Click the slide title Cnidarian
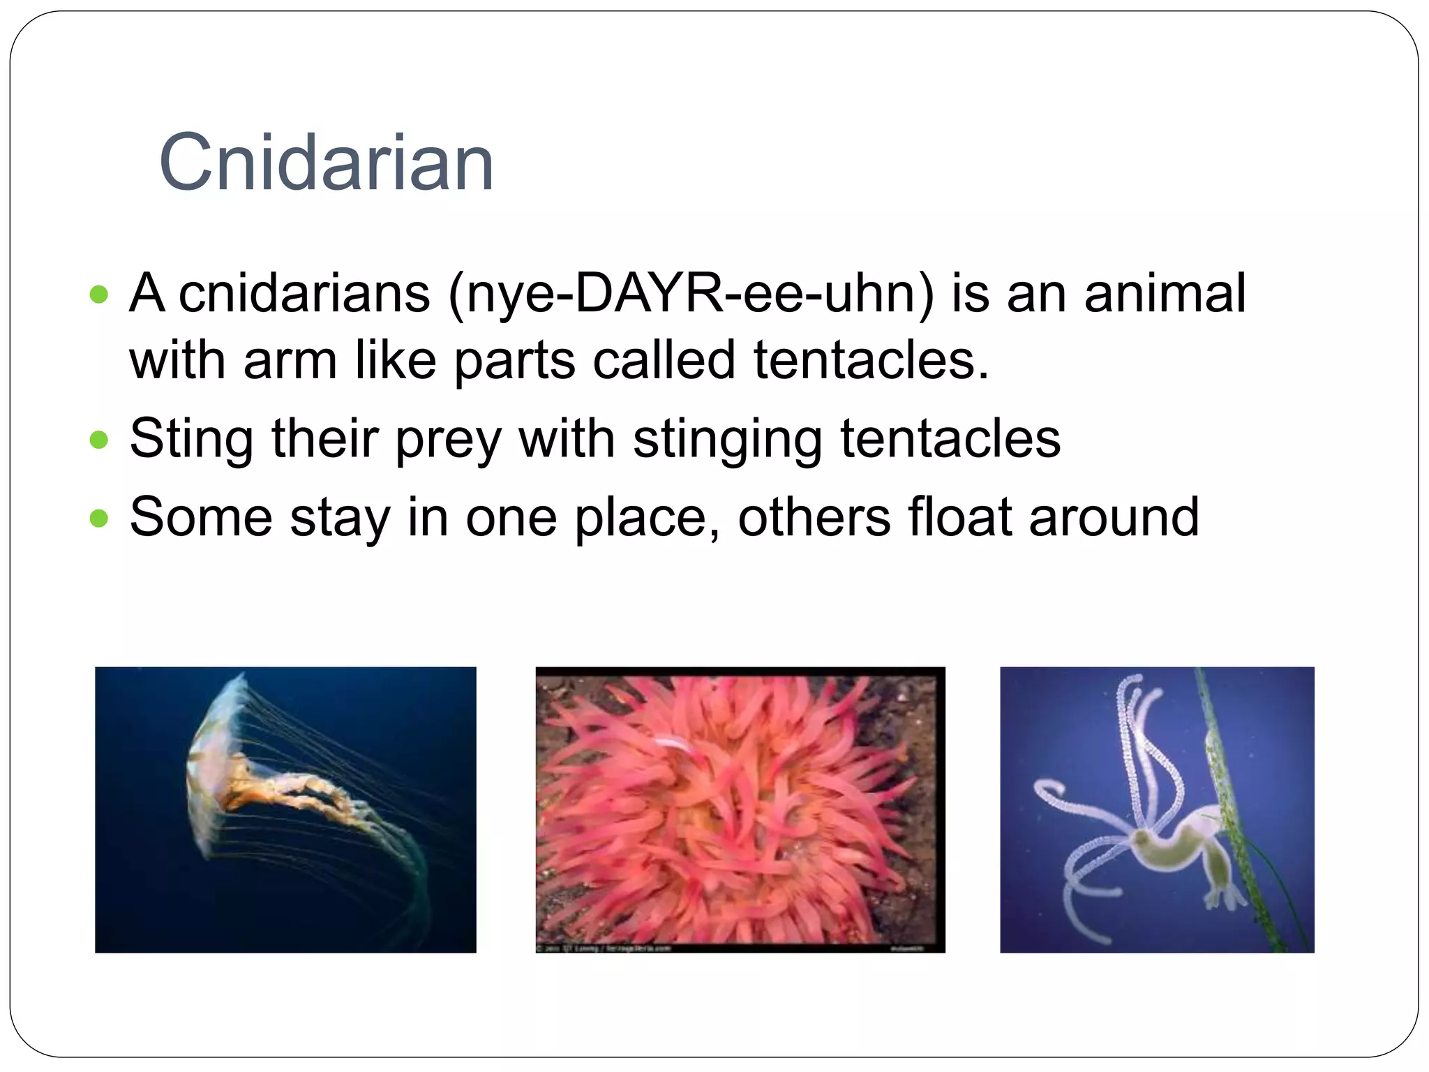point(327,163)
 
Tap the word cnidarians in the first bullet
point(304,294)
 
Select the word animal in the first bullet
point(1165,294)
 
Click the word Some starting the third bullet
point(201,517)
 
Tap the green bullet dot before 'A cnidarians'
point(100,295)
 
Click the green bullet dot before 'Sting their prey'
point(100,440)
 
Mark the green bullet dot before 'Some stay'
point(100,519)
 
